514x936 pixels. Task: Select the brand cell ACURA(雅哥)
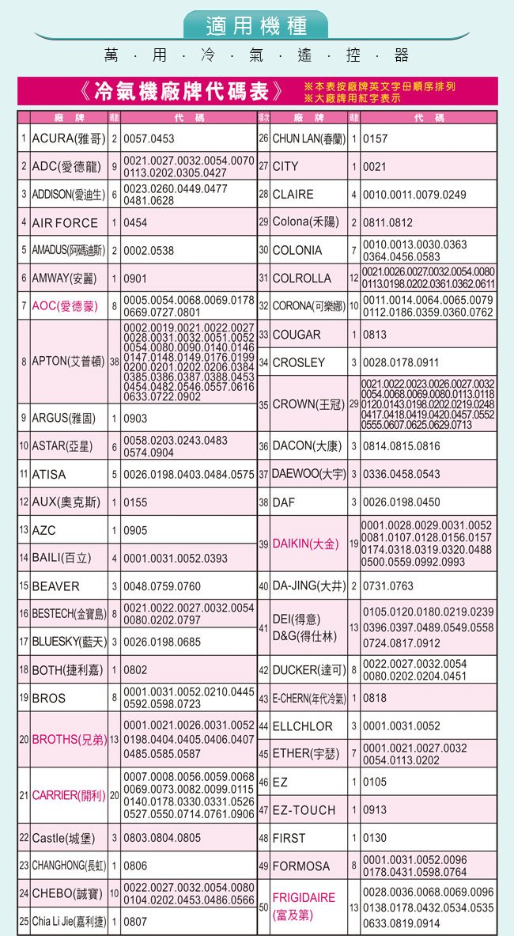point(68,138)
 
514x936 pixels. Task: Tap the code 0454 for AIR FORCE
point(137,223)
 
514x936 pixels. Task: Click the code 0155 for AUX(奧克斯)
point(136,502)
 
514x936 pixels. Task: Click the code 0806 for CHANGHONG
point(136,866)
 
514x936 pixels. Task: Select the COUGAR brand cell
point(297,335)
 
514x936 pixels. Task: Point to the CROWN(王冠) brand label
point(307,404)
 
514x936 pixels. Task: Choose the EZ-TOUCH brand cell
point(304,810)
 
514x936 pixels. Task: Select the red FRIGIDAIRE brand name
point(304,898)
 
